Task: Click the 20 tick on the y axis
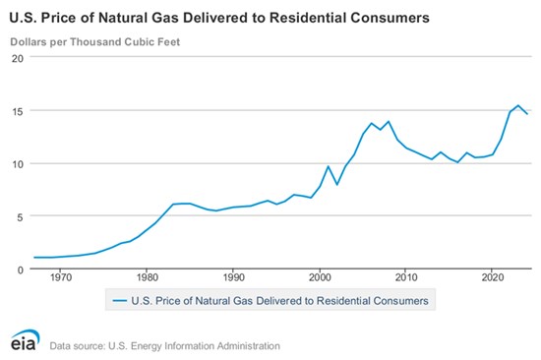point(18,58)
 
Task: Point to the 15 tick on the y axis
point(18,111)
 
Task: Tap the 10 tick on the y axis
point(18,164)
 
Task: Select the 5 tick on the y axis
point(20,217)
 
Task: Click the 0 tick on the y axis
point(21,270)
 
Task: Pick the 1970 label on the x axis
point(61,277)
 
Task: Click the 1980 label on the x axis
point(147,277)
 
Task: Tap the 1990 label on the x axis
point(233,277)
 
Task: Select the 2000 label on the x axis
point(320,277)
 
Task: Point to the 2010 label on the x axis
point(406,277)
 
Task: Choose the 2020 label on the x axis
point(493,277)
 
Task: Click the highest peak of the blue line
point(517,105)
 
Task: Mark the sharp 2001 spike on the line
point(329,166)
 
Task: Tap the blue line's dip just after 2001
point(336,184)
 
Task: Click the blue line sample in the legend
point(120,301)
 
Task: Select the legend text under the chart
point(279,301)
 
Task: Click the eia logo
point(25,340)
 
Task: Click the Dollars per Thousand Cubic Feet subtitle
point(95,42)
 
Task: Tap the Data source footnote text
point(165,346)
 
